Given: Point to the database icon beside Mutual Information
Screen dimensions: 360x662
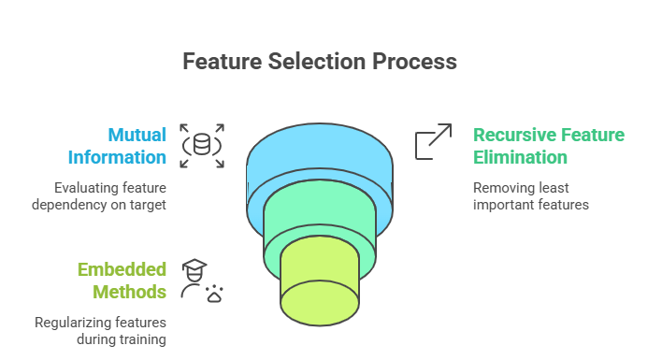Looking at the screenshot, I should coord(202,145).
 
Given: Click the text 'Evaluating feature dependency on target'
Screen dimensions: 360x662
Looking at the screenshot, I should coord(109,194).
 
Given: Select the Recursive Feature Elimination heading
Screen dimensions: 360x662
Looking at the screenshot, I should coord(548,145).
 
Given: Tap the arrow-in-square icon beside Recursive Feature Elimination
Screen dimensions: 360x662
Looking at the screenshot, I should coord(433,142).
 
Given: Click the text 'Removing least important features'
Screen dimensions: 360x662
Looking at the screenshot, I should coord(530,194).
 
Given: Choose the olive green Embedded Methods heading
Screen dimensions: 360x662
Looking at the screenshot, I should coord(122,281).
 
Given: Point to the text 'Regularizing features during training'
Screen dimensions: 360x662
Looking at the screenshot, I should coord(100,330).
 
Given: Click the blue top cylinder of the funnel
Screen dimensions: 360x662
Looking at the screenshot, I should coord(318,154).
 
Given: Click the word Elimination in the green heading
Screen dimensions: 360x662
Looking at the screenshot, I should coord(520,156).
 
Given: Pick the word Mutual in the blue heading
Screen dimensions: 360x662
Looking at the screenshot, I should coord(136,134).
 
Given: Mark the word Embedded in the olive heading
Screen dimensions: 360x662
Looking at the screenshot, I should coord(122,269).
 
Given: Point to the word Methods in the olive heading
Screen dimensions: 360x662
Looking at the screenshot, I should coord(134,292).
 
